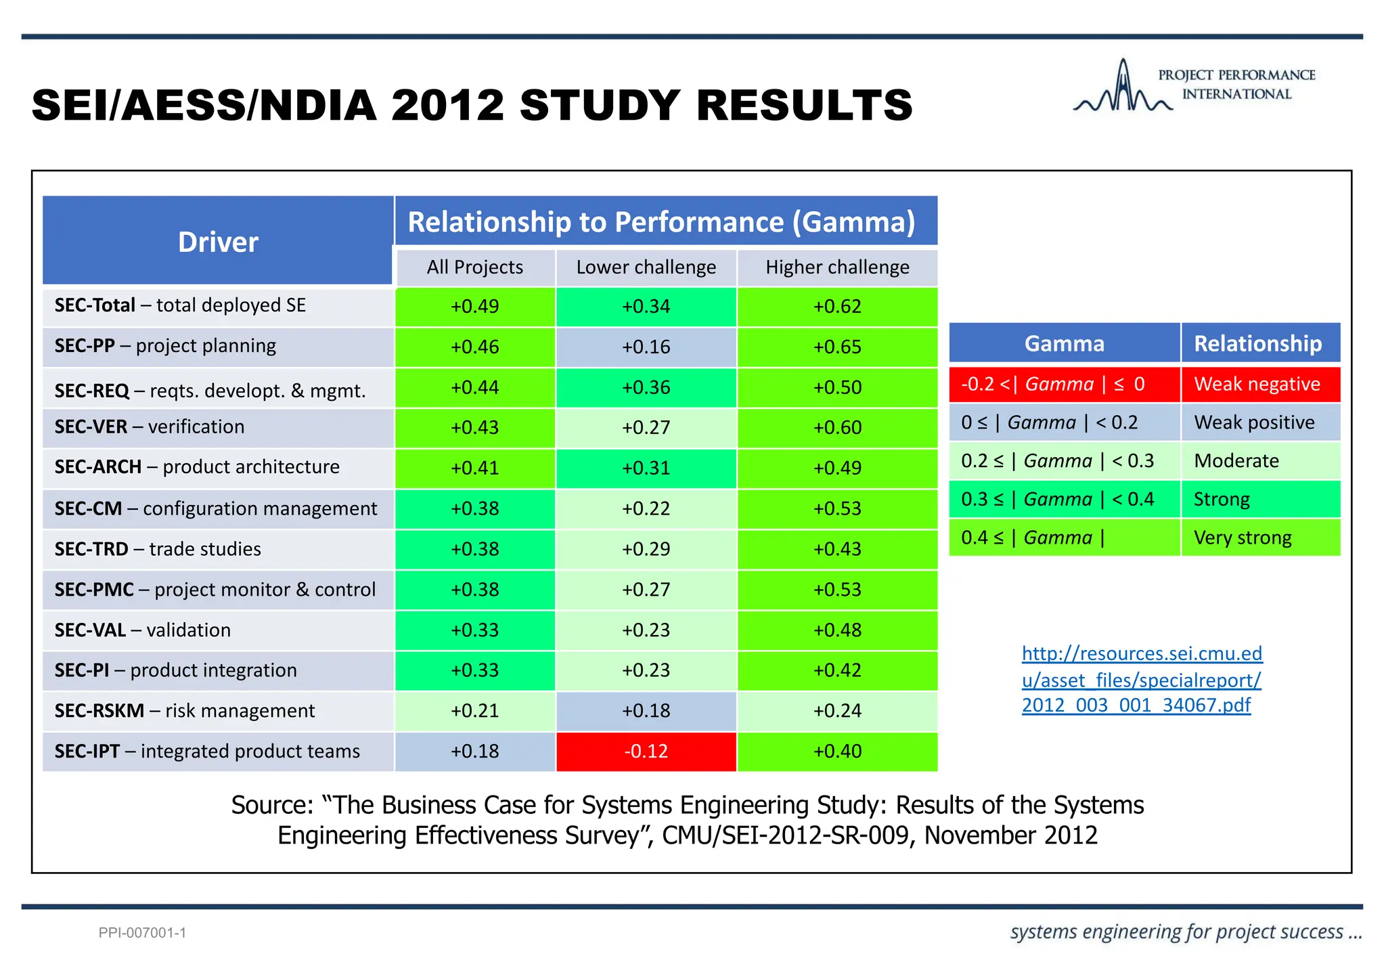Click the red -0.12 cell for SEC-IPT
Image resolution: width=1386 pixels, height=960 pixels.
coord(646,751)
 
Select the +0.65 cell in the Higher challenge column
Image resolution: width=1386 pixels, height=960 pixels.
coord(837,347)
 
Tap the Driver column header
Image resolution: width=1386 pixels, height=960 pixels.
coord(218,242)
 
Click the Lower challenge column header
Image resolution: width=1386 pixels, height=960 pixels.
coord(646,267)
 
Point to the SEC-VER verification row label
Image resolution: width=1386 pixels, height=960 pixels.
coord(150,427)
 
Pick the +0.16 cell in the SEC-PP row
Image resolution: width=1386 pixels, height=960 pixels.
coord(646,347)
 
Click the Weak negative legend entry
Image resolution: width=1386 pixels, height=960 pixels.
coord(1257,385)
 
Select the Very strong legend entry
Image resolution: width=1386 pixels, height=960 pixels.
coord(1243,538)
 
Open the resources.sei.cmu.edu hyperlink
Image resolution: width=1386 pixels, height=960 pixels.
coord(1142,679)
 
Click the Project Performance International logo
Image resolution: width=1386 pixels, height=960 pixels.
coord(1194,86)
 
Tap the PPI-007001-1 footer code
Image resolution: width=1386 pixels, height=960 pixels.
coord(142,933)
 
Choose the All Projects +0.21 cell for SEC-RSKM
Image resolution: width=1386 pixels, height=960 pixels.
coord(474,711)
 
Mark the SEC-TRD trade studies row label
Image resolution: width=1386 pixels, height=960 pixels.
coord(158,549)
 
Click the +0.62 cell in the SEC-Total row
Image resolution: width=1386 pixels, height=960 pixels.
coord(837,307)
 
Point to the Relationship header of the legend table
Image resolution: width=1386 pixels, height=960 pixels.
coord(1257,344)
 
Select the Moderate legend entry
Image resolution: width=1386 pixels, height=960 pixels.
coord(1236,461)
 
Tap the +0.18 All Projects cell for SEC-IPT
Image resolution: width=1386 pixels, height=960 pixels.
coord(474,751)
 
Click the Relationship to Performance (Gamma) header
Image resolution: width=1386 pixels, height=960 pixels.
coord(661,222)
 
